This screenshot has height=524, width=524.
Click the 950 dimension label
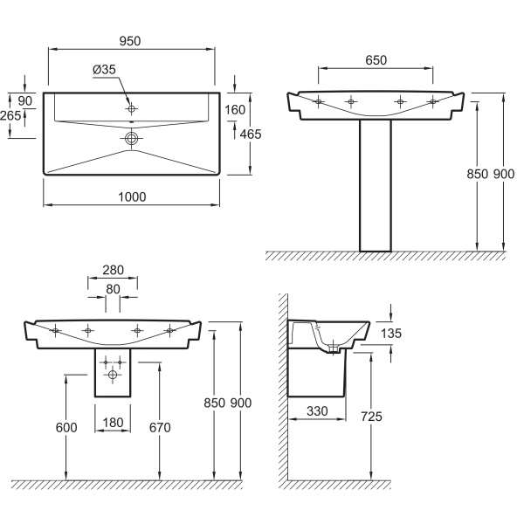coord(130,41)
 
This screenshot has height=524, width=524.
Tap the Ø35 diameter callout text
coord(104,70)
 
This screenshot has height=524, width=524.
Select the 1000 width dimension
coord(132,196)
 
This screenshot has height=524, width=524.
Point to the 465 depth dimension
coord(251,134)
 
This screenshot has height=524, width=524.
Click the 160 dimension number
coord(235,110)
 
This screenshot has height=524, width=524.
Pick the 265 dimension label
coord(10,115)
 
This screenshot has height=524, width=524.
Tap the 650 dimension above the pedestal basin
coord(376,60)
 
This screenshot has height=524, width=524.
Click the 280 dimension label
coord(113,270)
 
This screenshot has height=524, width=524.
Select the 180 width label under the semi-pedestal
coord(113,423)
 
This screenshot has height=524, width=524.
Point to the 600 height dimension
coord(66,427)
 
